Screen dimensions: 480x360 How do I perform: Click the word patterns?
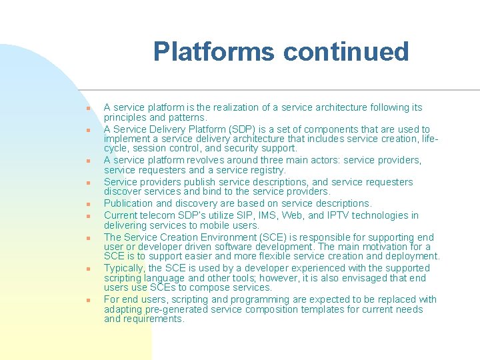(171, 117)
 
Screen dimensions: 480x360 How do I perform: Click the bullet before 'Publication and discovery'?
(87, 205)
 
